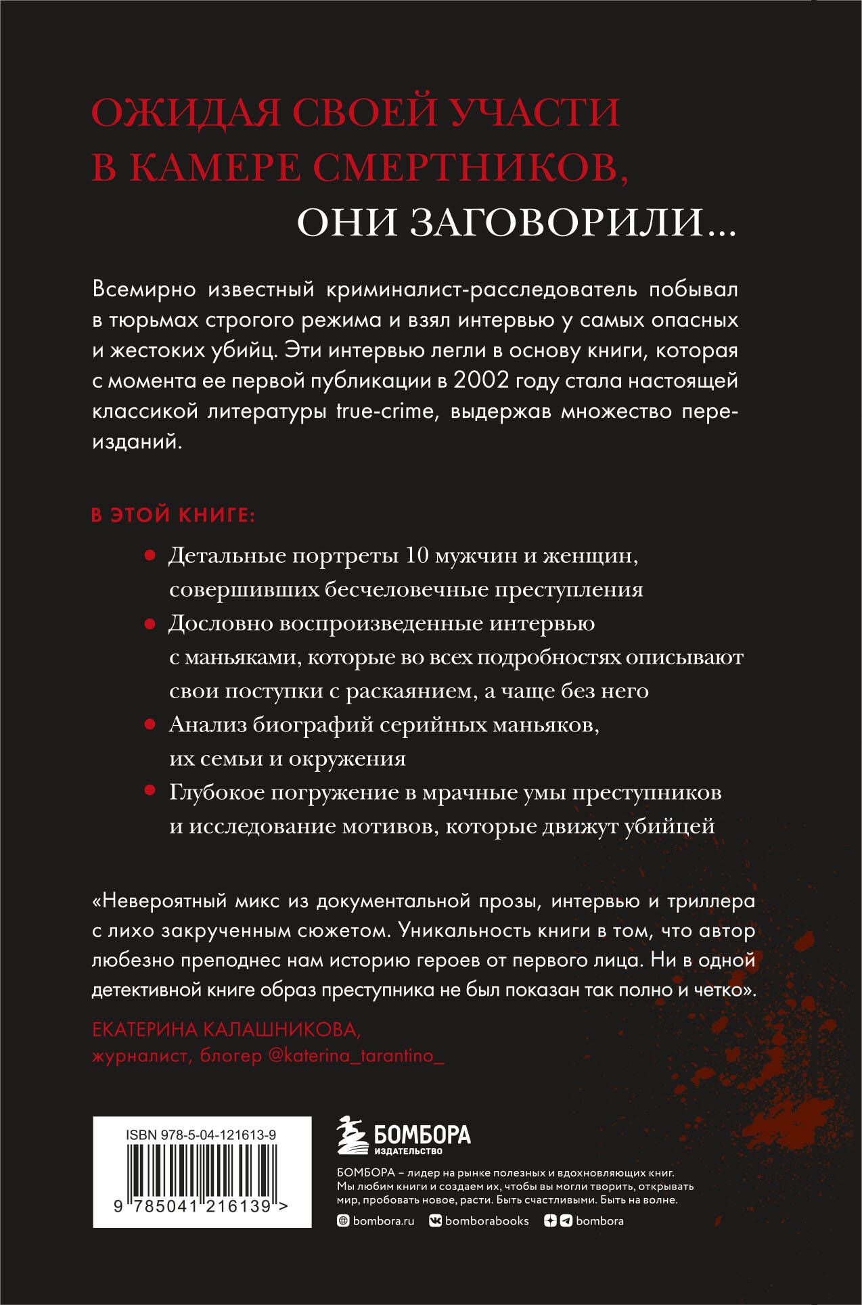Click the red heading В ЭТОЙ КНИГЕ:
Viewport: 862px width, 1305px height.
coord(173,515)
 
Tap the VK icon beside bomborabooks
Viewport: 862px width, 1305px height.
coord(436,1221)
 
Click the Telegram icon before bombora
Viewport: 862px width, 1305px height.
coord(566,1221)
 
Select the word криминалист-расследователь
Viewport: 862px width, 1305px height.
coord(482,290)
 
